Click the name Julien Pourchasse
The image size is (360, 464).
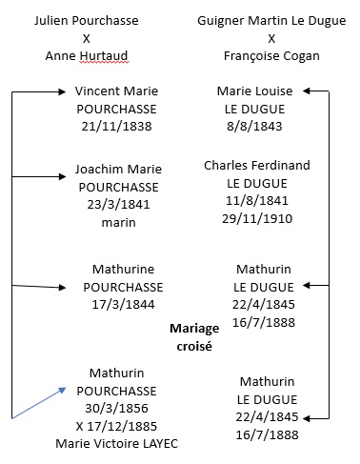point(87,21)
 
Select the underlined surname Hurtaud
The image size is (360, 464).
point(104,56)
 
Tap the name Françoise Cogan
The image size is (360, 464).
point(271,56)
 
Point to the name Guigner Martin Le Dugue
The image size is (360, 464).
point(271,21)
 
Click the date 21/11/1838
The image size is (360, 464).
point(116,127)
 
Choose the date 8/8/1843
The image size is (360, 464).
point(254,127)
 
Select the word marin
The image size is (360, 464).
point(118,223)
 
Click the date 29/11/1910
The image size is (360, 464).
point(257,219)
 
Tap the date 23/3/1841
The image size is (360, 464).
point(118,205)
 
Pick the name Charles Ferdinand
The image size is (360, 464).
point(257,166)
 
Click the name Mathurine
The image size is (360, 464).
point(123,270)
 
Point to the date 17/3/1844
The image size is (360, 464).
point(123,305)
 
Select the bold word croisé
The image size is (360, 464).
point(194,346)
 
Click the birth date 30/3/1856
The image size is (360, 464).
point(116,409)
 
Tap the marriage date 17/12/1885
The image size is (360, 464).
point(122,427)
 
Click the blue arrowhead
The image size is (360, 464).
point(62,390)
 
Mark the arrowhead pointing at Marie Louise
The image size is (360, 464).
point(307,91)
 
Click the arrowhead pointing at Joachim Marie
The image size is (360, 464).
point(62,176)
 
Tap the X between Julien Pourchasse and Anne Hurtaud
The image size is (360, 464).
point(87,39)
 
